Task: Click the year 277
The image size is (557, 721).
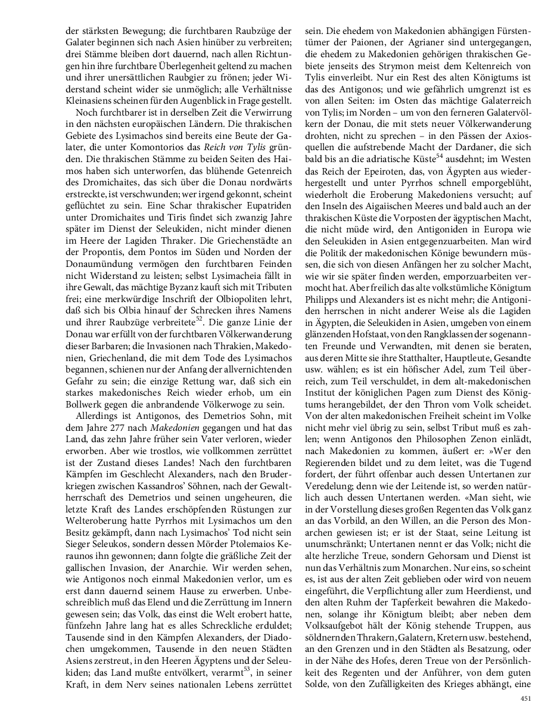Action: [x=128, y=427]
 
